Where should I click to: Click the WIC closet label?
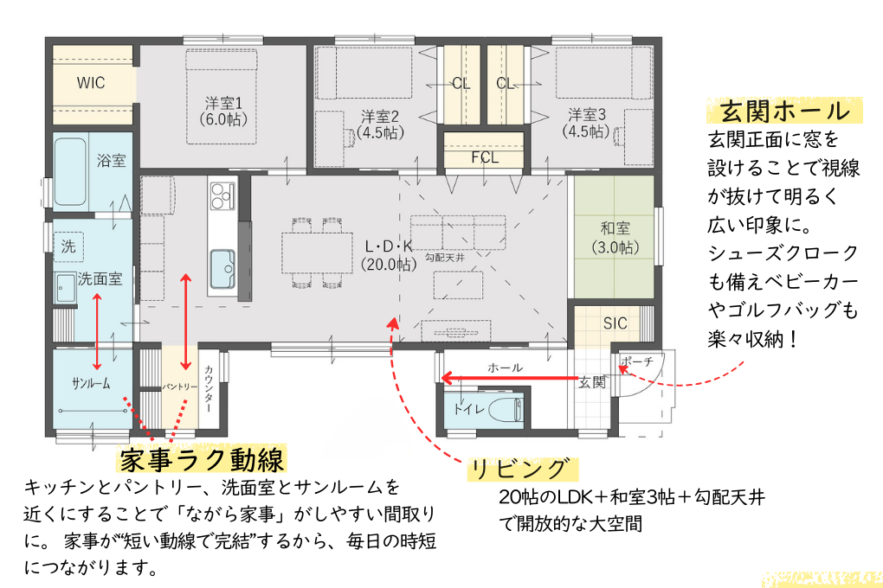tap(91, 83)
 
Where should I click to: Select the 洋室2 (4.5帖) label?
tap(380, 125)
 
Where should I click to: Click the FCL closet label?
tap(485, 157)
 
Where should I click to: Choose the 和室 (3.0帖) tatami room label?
tap(615, 238)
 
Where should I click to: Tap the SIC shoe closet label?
tap(616, 323)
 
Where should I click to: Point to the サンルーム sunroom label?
tap(91, 383)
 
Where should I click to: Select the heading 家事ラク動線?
tap(203, 457)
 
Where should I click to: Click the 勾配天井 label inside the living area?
tap(446, 257)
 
